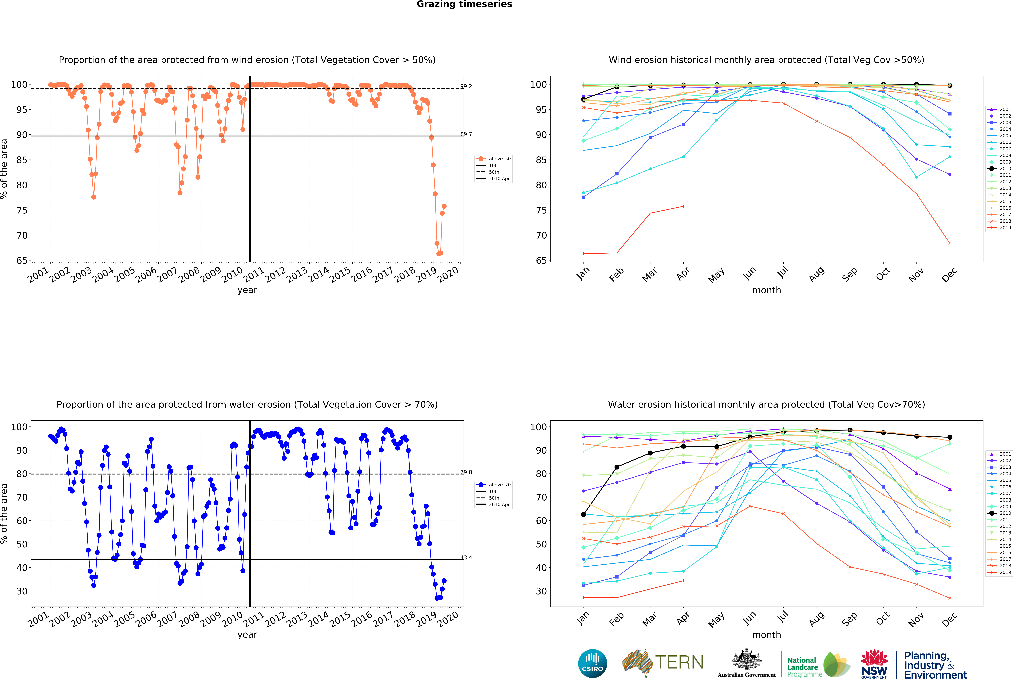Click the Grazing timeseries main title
(x=464, y=4)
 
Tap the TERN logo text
(x=679, y=662)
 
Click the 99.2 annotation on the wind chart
(x=466, y=86)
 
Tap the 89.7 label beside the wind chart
(x=466, y=134)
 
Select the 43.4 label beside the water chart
(x=466, y=558)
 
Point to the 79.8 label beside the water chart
(x=466, y=472)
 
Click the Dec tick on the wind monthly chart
(x=949, y=274)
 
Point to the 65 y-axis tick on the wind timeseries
(x=22, y=260)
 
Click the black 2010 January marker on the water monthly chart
(x=584, y=514)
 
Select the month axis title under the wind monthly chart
(x=766, y=290)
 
